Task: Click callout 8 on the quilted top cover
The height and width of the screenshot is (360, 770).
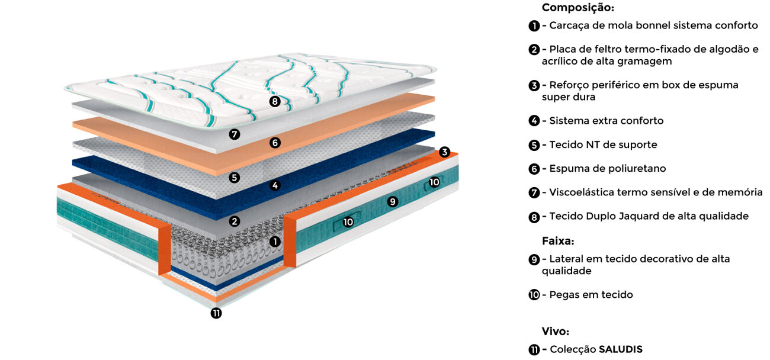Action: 274,101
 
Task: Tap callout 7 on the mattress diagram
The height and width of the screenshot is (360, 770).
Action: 235,134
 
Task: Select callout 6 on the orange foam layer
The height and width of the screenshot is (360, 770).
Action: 274,143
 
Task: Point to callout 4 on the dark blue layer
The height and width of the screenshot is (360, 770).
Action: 274,185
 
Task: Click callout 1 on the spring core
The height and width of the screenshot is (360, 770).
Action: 274,242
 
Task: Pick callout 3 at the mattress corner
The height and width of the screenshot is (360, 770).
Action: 445,152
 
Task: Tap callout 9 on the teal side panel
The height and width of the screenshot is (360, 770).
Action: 392,202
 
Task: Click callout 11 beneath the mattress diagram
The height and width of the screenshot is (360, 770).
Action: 216,313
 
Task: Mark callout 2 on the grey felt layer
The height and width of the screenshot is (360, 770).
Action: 235,221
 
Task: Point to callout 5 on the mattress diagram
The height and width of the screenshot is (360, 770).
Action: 235,177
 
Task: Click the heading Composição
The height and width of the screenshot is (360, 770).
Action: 577,8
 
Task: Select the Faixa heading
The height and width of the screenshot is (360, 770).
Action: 558,241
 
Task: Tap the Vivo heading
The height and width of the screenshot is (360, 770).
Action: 555,331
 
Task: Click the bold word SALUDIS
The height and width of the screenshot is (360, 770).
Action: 621,349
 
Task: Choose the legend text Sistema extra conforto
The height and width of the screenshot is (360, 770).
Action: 606,121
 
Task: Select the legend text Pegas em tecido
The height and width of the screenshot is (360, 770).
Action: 591,294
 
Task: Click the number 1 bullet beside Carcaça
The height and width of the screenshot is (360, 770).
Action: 534,25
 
